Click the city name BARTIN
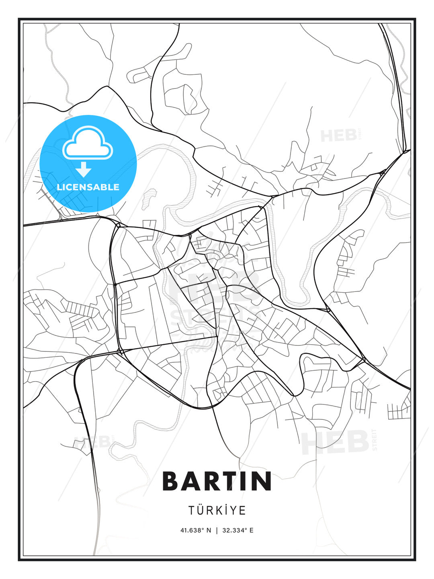(x=217, y=481)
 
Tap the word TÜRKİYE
(x=217, y=511)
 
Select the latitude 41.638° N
(x=196, y=530)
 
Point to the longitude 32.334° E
(x=238, y=530)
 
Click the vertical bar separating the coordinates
(x=217, y=530)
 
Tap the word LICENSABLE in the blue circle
(x=88, y=187)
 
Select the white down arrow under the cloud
(x=84, y=169)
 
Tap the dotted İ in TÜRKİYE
(x=227, y=510)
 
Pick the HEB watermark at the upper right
(x=338, y=136)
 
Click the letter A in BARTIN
(x=189, y=481)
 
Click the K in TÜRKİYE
(x=220, y=511)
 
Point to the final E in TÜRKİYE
(x=243, y=511)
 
